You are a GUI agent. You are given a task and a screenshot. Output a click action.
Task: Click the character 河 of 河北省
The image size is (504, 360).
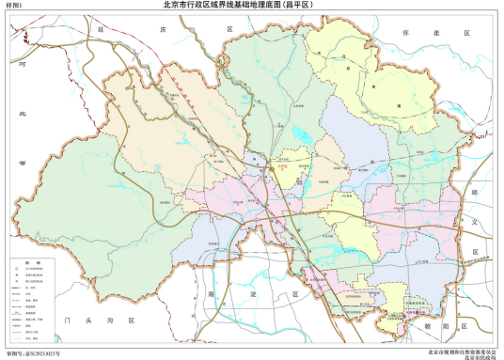19,65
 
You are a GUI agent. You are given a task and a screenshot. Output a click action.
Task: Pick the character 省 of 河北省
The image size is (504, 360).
19,161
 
